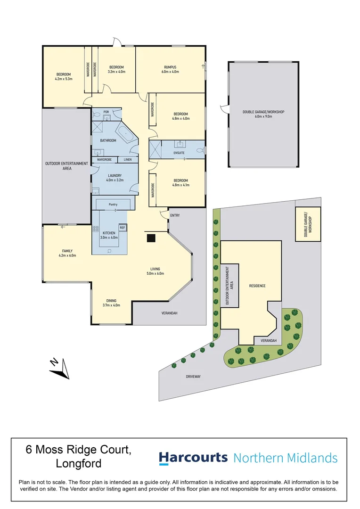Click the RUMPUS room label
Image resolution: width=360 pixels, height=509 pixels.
[170, 67]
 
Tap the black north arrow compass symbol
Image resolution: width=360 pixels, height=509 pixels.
[59, 369]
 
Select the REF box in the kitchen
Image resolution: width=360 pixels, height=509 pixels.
[122, 228]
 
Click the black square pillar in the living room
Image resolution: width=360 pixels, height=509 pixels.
[151, 238]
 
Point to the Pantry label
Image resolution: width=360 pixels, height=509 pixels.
[113, 205]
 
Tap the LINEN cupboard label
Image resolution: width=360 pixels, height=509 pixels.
[128, 160]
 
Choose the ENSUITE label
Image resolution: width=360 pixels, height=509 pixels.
[179, 153]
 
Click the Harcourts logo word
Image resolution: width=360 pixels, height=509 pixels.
[193, 458]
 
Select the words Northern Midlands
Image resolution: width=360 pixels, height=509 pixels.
[286, 458]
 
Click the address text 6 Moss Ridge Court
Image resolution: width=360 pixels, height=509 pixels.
[78, 450]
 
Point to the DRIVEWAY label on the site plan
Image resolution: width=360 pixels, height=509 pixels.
[193, 377]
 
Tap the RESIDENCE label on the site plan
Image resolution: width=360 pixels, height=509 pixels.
[257, 286]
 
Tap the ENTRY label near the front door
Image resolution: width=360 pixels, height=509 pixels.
[175, 215]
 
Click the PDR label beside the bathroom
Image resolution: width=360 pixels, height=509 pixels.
[106, 112]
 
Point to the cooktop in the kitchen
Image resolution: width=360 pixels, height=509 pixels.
[96, 230]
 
